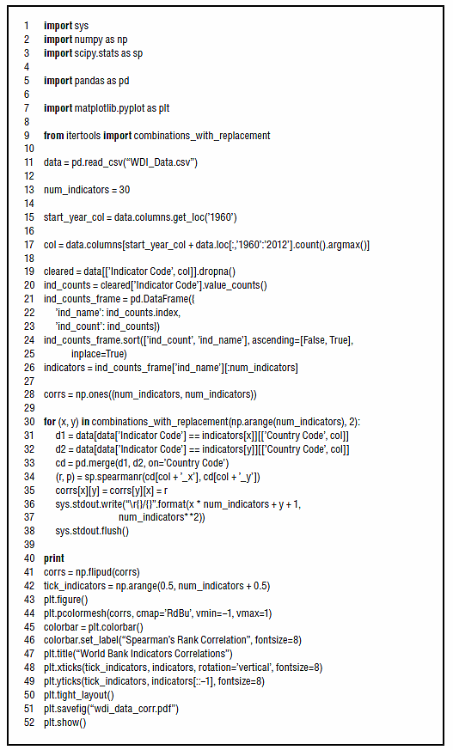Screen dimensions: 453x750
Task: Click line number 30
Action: click(x=29, y=422)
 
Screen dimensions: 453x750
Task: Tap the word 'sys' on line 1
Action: click(x=82, y=26)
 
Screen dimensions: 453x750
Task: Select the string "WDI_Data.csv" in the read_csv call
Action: click(x=161, y=162)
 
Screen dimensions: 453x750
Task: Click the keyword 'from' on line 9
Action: click(x=53, y=136)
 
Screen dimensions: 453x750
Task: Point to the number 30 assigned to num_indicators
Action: click(x=125, y=190)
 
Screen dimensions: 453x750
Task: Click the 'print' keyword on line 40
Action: click(x=54, y=558)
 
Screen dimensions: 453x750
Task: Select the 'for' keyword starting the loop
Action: click(x=50, y=422)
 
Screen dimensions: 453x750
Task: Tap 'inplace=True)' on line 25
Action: click(x=99, y=354)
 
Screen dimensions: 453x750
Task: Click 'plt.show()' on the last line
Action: click(x=65, y=723)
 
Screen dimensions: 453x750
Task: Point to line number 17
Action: click(x=29, y=245)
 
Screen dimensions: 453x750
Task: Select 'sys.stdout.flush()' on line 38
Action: click(x=92, y=531)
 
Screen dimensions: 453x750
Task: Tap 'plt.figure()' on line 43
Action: click(x=66, y=600)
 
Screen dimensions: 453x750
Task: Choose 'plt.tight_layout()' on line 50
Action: click(x=79, y=695)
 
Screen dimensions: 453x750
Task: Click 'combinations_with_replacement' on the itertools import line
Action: click(x=202, y=136)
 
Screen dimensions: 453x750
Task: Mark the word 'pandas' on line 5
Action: click(x=89, y=81)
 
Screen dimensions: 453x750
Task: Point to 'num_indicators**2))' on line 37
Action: click(x=162, y=517)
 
